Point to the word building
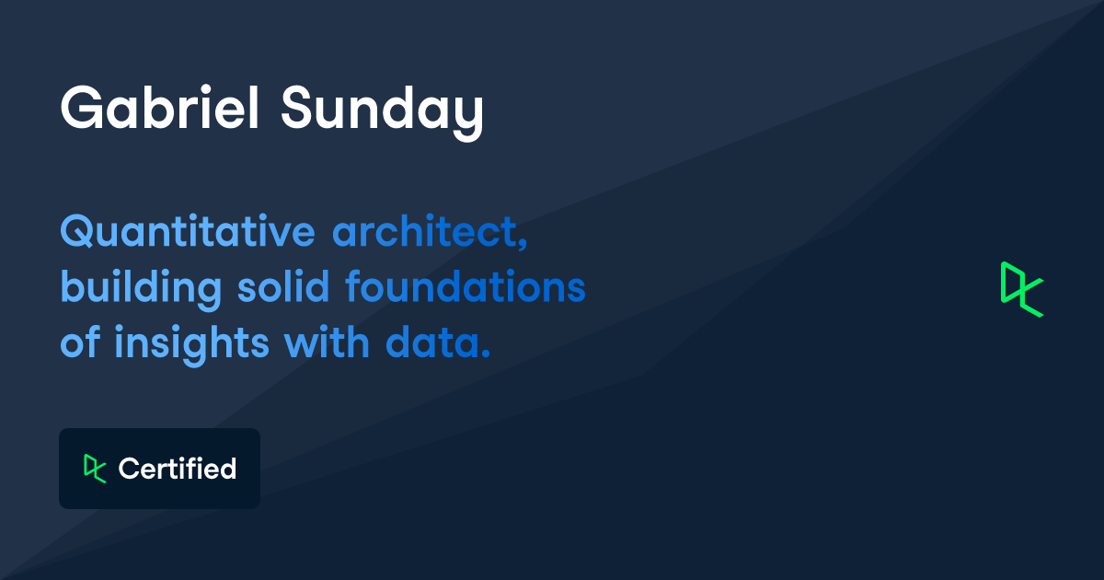coord(141,288)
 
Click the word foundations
coord(465,287)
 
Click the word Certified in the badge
coord(178,469)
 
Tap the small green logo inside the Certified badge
coord(95,468)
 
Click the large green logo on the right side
coord(1021,289)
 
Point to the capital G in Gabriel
coord(81,110)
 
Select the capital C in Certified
coord(129,469)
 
